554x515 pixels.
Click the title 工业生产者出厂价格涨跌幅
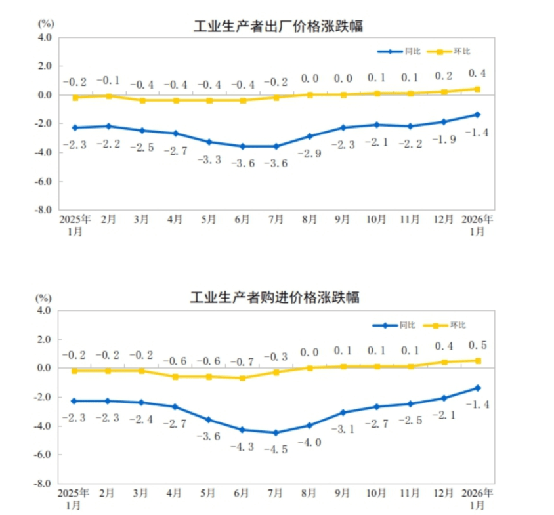(278, 26)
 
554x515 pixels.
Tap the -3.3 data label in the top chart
(209, 159)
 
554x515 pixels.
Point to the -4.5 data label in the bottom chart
(276, 450)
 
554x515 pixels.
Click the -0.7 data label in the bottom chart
(242, 361)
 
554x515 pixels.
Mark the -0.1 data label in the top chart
(108, 81)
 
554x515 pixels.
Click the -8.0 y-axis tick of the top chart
(43, 210)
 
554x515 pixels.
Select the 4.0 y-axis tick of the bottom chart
(44, 310)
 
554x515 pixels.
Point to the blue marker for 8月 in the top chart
(309, 136)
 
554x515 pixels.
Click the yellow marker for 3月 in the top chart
(142, 100)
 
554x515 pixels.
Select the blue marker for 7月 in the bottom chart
(276, 432)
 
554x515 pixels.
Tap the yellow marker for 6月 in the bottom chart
(242, 378)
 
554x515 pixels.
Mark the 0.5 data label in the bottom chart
(477, 346)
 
